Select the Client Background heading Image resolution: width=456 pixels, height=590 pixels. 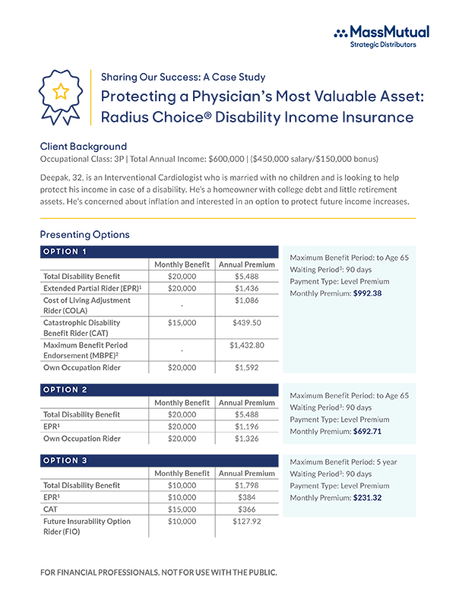(83, 146)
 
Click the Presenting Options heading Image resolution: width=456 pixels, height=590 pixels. (84, 234)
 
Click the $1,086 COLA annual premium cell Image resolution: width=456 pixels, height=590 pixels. (247, 302)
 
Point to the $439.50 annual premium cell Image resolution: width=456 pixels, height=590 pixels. (247, 322)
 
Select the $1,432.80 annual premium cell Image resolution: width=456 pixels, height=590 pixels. (247, 345)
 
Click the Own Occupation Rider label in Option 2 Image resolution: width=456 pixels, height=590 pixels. (82, 439)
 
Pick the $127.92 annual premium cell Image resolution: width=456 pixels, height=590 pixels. (247, 522)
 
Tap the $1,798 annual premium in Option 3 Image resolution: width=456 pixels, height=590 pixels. (247, 485)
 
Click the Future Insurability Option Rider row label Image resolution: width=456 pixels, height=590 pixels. (87, 526)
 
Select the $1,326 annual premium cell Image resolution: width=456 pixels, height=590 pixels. (247, 439)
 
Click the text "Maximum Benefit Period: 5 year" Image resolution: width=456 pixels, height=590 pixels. (344, 462)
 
